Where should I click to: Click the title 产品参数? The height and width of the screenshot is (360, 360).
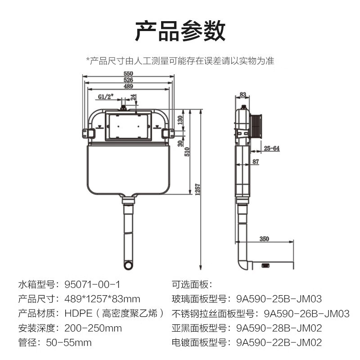[x=180, y=31]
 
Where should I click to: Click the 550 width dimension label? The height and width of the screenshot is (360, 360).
[x=128, y=73]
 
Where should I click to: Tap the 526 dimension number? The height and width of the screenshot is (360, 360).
[x=128, y=80]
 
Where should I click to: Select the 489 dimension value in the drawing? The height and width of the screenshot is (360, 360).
[x=128, y=86]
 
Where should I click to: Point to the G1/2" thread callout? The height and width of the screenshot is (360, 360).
[x=106, y=97]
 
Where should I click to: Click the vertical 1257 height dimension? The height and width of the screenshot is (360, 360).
[x=198, y=189]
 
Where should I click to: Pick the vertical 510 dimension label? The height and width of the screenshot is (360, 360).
[x=187, y=152]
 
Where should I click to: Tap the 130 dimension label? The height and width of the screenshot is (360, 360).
[x=180, y=120]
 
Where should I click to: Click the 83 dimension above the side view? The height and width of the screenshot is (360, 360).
[x=243, y=94]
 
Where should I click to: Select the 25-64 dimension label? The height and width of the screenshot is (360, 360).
[x=272, y=148]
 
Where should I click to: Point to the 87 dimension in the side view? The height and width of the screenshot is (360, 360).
[x=256, y=162]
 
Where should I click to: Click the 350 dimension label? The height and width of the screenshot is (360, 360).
[x=264, y=239]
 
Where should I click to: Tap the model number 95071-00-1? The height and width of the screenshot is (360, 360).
[x=92, y=285]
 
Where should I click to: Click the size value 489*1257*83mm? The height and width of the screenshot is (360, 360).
[x=102, y=299]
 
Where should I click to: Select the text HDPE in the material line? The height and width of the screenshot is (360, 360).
[x=78, y=313]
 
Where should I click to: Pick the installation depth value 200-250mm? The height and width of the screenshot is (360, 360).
[x=93, y=328]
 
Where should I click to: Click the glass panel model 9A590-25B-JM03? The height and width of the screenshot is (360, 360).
[x=279, y=299]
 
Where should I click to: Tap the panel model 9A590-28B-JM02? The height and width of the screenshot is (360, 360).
[x=279, y=328]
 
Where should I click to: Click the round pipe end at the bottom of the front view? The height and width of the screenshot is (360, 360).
[x=128, y=265]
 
